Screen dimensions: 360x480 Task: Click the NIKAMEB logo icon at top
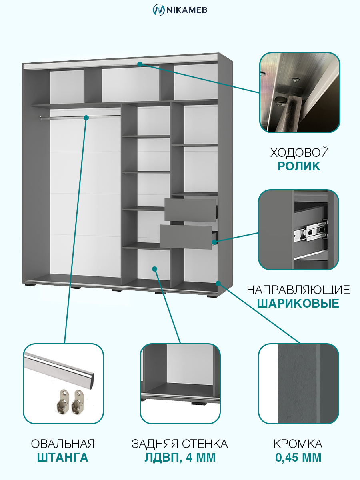coord(158,10)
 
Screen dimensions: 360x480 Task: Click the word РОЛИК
coord(299,166)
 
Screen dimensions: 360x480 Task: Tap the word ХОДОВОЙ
coord(300,153)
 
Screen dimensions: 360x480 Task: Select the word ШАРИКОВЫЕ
coord(298,304)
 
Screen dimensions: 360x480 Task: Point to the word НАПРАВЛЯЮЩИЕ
coord(298,290)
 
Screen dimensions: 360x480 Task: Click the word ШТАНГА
coord(62,458)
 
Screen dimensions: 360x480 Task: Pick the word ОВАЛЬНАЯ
coord(63,444)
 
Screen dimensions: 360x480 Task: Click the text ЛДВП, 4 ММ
coord(180,458)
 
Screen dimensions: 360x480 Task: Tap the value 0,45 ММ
coord(298,458)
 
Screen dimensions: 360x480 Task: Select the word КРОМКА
coord(298,444)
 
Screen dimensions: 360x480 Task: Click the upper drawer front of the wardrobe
coord(190,210)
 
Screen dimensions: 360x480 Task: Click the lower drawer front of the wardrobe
coord(186,237)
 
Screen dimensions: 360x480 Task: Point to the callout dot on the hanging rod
coord(86,118)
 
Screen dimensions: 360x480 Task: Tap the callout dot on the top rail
coord(140,64)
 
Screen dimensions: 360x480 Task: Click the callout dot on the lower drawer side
coord(214,242)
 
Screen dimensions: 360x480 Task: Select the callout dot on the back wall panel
coord(155,269)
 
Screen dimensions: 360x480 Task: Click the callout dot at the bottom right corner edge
coord(218,284)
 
